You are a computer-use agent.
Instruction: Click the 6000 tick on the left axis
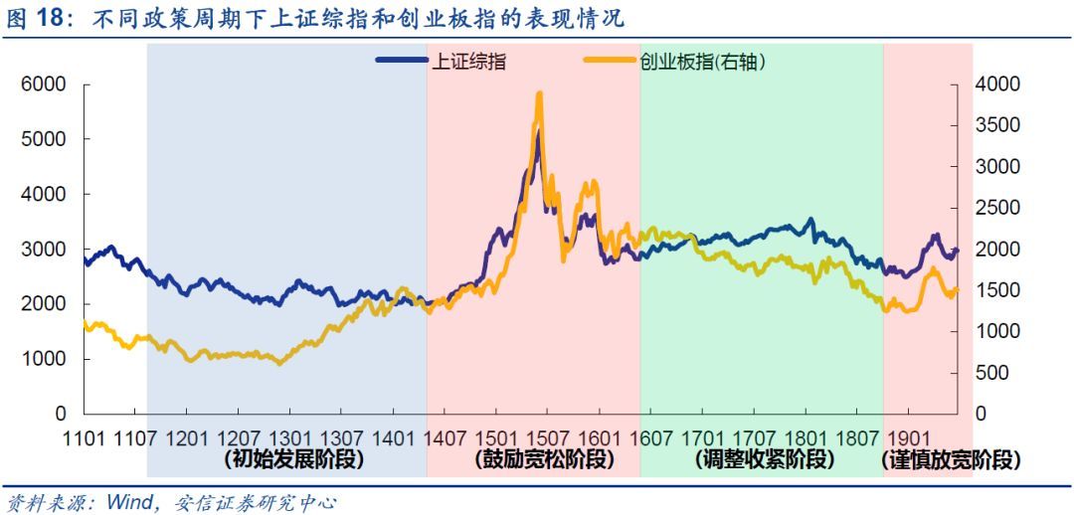coord(45,86)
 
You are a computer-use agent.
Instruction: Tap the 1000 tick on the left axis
coord(45,358)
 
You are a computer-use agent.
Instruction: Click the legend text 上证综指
coord(467,62)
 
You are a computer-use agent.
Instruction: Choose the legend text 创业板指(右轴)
coord(702,62)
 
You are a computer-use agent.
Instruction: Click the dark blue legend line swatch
coord(401,62)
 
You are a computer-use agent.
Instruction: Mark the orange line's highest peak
coord(539,94)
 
